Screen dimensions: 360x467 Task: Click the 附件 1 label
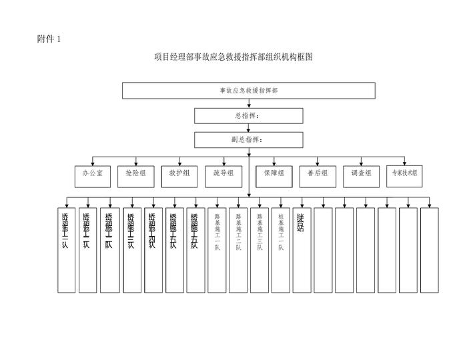pyautogui.click(x=49, y=39)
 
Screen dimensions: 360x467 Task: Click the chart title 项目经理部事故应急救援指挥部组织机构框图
pyautogui.click(x=233, y=57)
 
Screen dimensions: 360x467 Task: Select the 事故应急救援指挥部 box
pyautogui.click(x=248, y=90)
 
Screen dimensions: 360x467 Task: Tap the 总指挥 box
pyautogui.click(x=248, y=115)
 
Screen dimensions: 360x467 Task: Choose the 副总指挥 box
pyautogui.click(x=248, y=139)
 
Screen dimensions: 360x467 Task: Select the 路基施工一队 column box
pyautogui.click(x=217, y=250)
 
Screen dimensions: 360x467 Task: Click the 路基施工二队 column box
pyautogui.click(x=238, y=250)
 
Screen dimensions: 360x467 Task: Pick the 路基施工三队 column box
pyautogui.click(x=260, y=250)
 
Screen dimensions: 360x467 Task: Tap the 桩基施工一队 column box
pyautogui.click(x=281, y=250)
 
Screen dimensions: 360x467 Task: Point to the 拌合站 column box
pyautogui.click(x=302, y=250)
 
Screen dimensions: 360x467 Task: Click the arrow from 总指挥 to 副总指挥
pyautogui.click(x=249, y=127)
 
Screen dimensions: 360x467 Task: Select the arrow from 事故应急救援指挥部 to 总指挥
pyautogui.click(x=249, y=103)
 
